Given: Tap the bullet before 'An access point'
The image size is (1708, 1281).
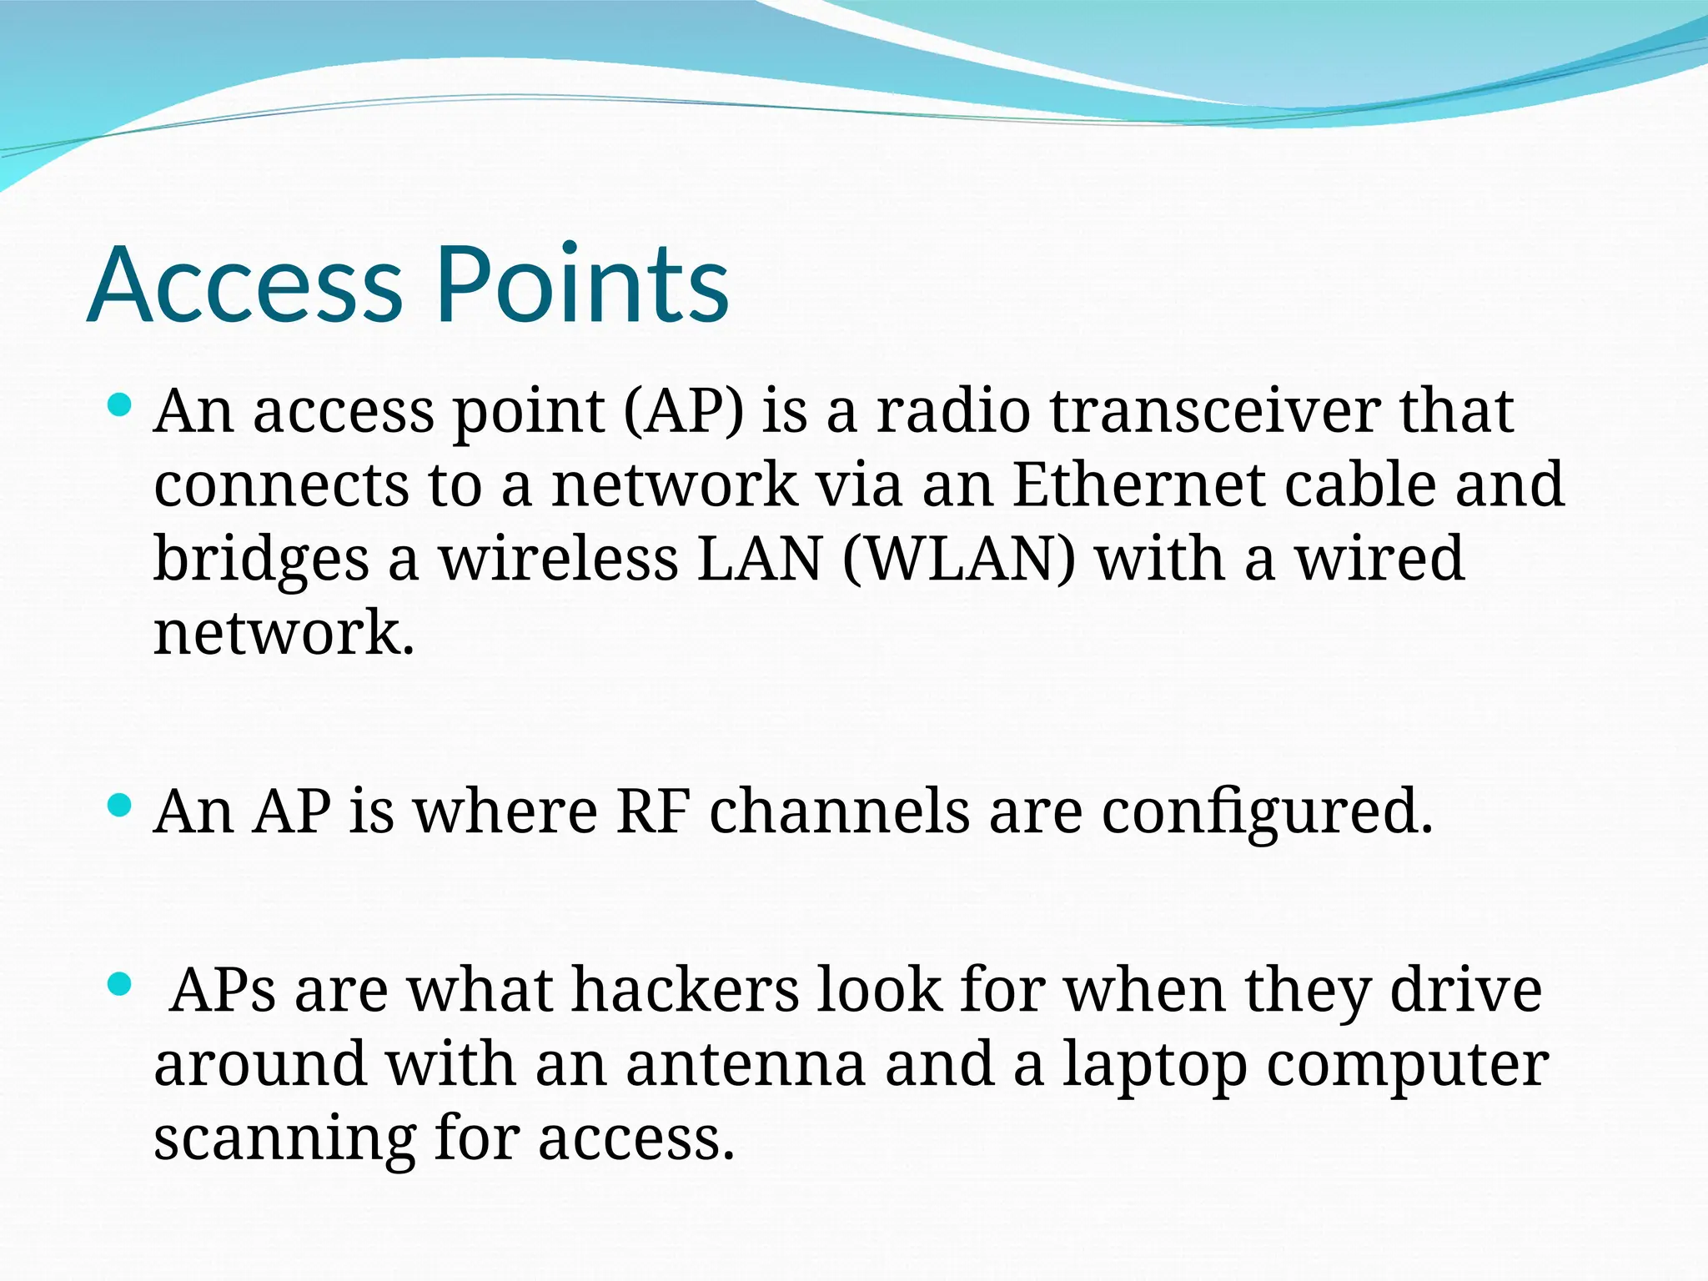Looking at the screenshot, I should (x=120, y=406).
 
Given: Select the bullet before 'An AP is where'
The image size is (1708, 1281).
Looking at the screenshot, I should (x=120, y=806).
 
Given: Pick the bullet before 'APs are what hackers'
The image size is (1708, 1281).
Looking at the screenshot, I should (x=120, y=985).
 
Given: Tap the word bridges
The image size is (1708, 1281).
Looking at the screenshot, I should (x=261, y=560).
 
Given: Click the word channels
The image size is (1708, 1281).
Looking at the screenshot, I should (x=838, y=811).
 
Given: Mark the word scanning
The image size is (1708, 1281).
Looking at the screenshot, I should (x=284, y=1140).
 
